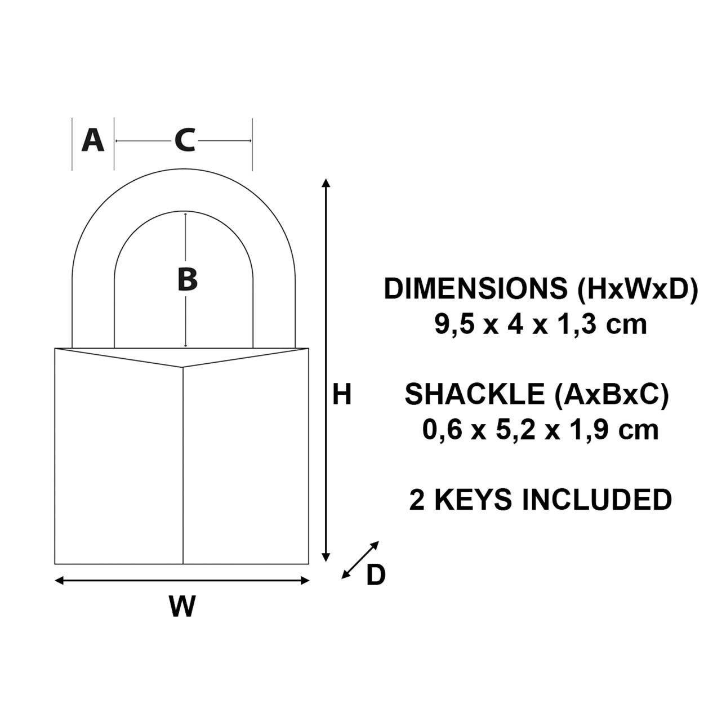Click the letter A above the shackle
[x=93, y=141]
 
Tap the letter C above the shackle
[x=185, y=141]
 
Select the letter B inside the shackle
[x=188, y=279]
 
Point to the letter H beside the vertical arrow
[x=342, y=394]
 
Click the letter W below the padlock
[x=182, y=605]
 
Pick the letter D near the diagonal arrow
[x=376, y=574]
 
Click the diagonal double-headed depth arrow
[x=360, y=560]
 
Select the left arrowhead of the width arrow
[x=59, y=581]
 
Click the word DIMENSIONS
[x=475, y=289]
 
